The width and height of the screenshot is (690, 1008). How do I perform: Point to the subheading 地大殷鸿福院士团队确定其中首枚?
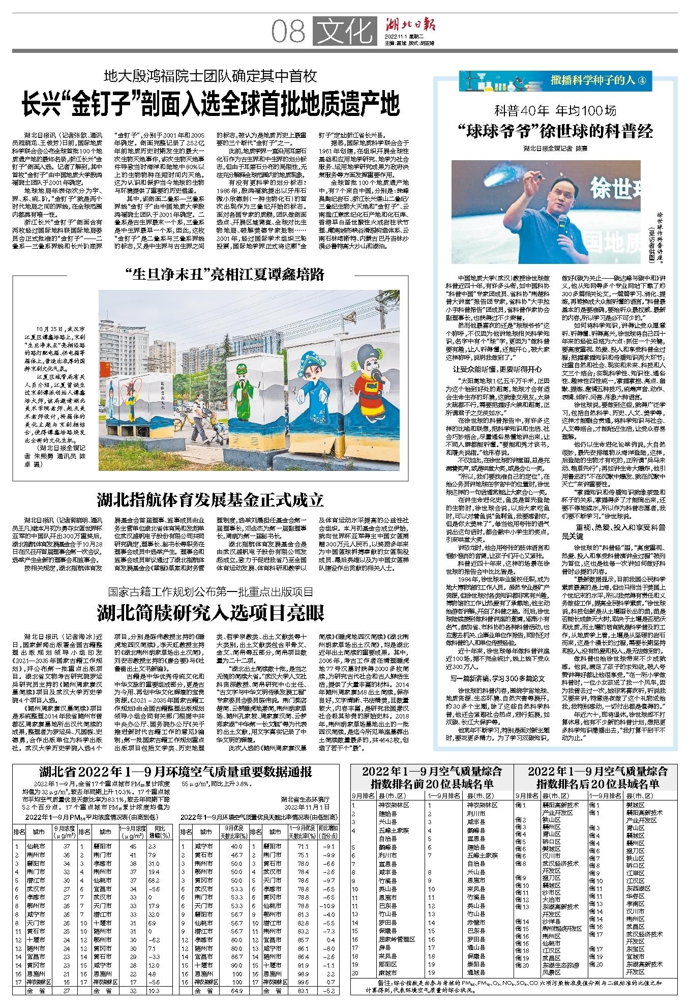pyautogui.click(x=211, y=77)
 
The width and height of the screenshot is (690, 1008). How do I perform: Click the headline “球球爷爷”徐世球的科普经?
pyautogui.click(x=555, y=132)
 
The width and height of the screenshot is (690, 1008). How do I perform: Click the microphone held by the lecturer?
pyautogui.click(x=562, y=221)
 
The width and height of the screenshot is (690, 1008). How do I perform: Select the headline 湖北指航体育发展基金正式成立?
pyautogui.click(x=211, y=500)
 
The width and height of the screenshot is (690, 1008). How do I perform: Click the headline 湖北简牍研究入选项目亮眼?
pyautogui.click(x=211, y=613)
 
